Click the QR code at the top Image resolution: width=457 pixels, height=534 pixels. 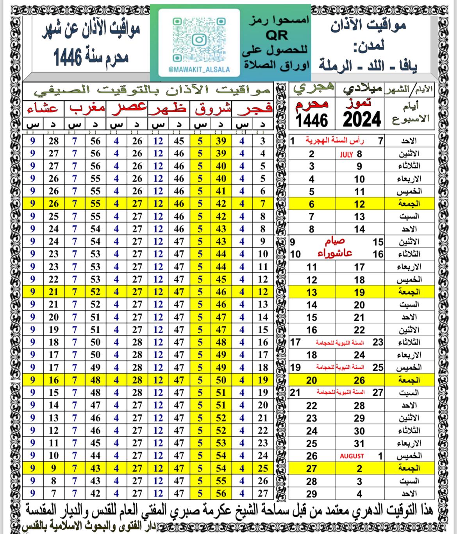pos(199,39)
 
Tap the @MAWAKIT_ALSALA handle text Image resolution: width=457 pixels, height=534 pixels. pos(199,70)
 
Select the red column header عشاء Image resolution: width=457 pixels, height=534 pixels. pos(43,109)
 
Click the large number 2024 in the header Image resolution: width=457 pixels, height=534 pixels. pos(362,119)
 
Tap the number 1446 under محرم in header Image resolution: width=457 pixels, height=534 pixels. pos(312,120)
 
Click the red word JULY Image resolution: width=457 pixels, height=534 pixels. pos(346,154)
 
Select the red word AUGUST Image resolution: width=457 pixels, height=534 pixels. pos(352,456)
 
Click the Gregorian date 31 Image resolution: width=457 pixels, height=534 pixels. pos(359,443)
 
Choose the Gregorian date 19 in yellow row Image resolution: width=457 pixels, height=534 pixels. pos(359,292)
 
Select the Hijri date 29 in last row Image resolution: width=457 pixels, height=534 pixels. pos(311,494)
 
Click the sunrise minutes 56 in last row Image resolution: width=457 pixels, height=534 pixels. pos(221,493)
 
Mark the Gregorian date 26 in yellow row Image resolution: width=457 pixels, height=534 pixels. pos(359,380)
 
